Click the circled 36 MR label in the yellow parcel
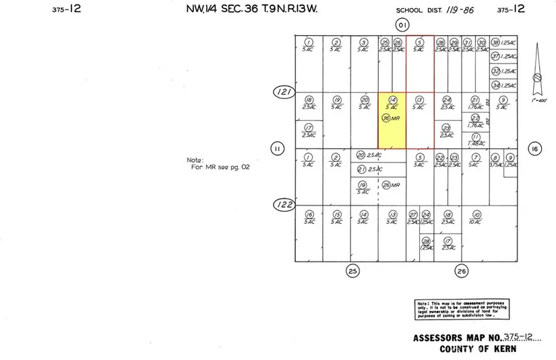pos(386,118)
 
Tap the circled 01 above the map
pos(402,26)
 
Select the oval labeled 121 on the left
pos(283,92)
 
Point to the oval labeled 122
pos(283,204)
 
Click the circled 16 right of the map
pos(534,150)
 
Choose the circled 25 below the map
pos(352,271)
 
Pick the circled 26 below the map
pos(461,271)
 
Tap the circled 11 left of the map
pos(276,149)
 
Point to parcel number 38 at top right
pos(495,42)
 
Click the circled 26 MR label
pos(386,185)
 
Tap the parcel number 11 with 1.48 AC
pos(476,137)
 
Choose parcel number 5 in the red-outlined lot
pos(419,42)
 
